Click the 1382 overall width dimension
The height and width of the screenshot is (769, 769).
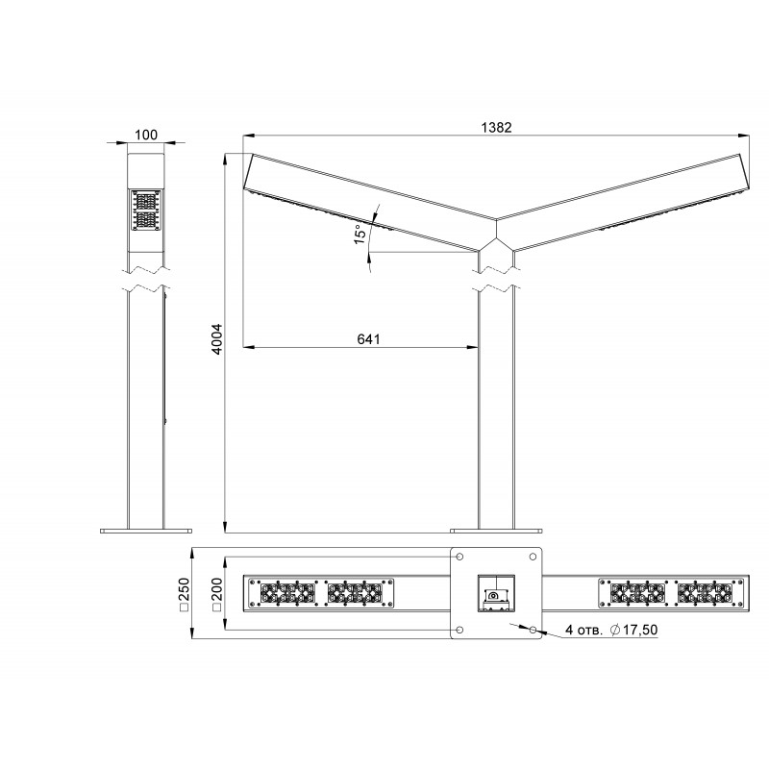(496, 128)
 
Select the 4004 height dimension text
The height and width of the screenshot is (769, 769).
(217, 338)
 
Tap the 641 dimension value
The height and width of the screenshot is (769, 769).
(368, 339)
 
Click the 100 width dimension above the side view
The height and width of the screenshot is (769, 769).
(146, 135)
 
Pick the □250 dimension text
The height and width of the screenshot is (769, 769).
(184, 594)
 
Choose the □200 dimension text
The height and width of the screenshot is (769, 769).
(217, 594)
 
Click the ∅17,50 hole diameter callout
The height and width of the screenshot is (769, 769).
(633, 630)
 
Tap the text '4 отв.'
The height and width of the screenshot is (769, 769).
(583, 630)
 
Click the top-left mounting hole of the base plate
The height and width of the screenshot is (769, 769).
(460, 557)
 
